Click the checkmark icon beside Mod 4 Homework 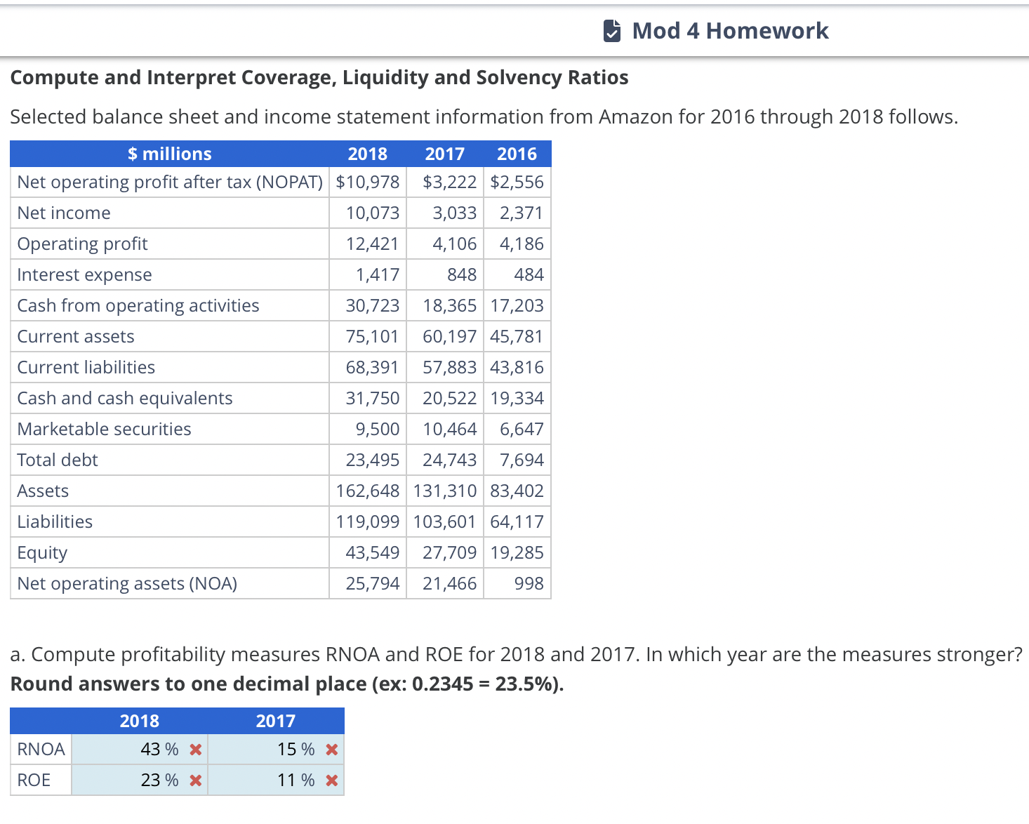click(611, 31)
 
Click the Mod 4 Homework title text click(730, 31)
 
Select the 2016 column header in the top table click(517, 154)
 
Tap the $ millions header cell click(169, 154)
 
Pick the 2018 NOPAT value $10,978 click(368, 182)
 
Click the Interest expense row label click(84, 275)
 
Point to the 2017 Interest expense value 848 click(461, 275)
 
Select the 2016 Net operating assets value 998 click(529, 584)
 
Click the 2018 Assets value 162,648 click(368, 491)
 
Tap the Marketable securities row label click(104, 430)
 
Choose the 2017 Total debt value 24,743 click(449, 460)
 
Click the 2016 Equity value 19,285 click(517, 553)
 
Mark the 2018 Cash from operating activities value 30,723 click(372, 306)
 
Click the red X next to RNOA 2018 click(196, 750)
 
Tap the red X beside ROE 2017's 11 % click(332, 780)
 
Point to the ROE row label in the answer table click(34, 780)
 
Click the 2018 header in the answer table click(139, 721)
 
